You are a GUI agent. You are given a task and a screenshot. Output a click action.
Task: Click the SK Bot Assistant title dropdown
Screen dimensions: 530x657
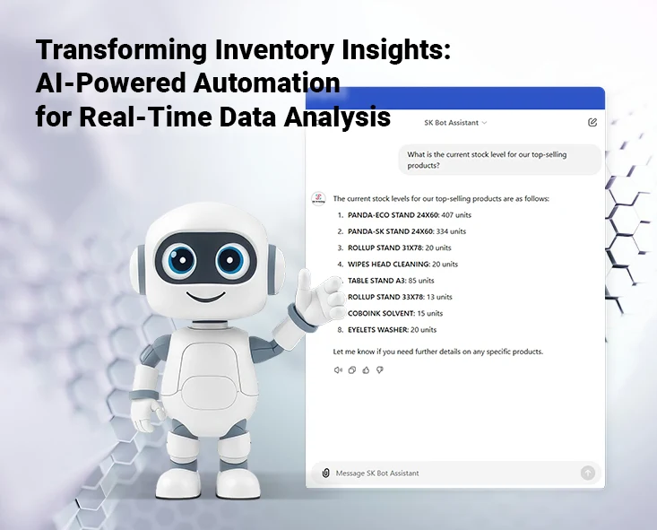coord(455,122)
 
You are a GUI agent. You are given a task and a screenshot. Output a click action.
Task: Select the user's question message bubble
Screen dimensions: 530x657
coord(499,160)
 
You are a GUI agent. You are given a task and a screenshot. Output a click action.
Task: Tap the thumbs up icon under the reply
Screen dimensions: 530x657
coord(366,369)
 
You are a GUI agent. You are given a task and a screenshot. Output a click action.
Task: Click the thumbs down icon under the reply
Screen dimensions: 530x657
coord(379,369)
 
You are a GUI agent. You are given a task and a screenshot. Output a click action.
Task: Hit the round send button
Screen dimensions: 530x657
coord(588,473)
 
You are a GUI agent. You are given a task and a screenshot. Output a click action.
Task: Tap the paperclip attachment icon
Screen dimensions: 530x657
coord(325,473)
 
